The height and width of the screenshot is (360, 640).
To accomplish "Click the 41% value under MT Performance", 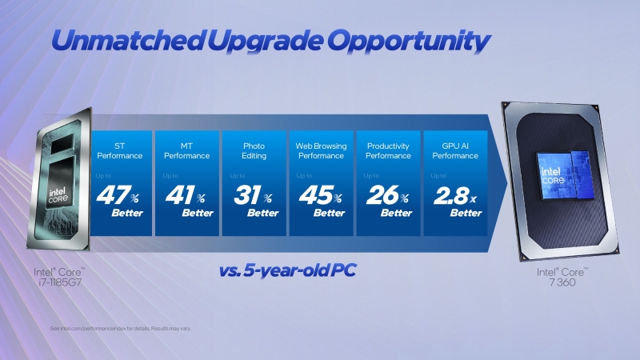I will coord(186,196).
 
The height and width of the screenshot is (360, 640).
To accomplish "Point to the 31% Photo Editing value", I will coord(253,196).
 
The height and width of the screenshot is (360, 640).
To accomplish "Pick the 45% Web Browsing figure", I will coord(320,196).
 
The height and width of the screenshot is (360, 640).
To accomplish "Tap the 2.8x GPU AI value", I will coord(454,196).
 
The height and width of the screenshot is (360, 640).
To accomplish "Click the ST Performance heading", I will coord(119,150).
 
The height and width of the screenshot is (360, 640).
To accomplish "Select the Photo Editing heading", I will coord(253,150).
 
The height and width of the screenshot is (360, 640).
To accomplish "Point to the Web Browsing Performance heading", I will coord(320,150).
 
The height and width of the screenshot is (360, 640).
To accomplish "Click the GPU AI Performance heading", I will coord(454,150).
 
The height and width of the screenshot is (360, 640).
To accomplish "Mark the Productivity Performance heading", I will coord(388,150).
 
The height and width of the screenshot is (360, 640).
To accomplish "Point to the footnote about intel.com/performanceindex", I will coord(120,329).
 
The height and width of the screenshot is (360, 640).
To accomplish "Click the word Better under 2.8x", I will coord(465,213).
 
